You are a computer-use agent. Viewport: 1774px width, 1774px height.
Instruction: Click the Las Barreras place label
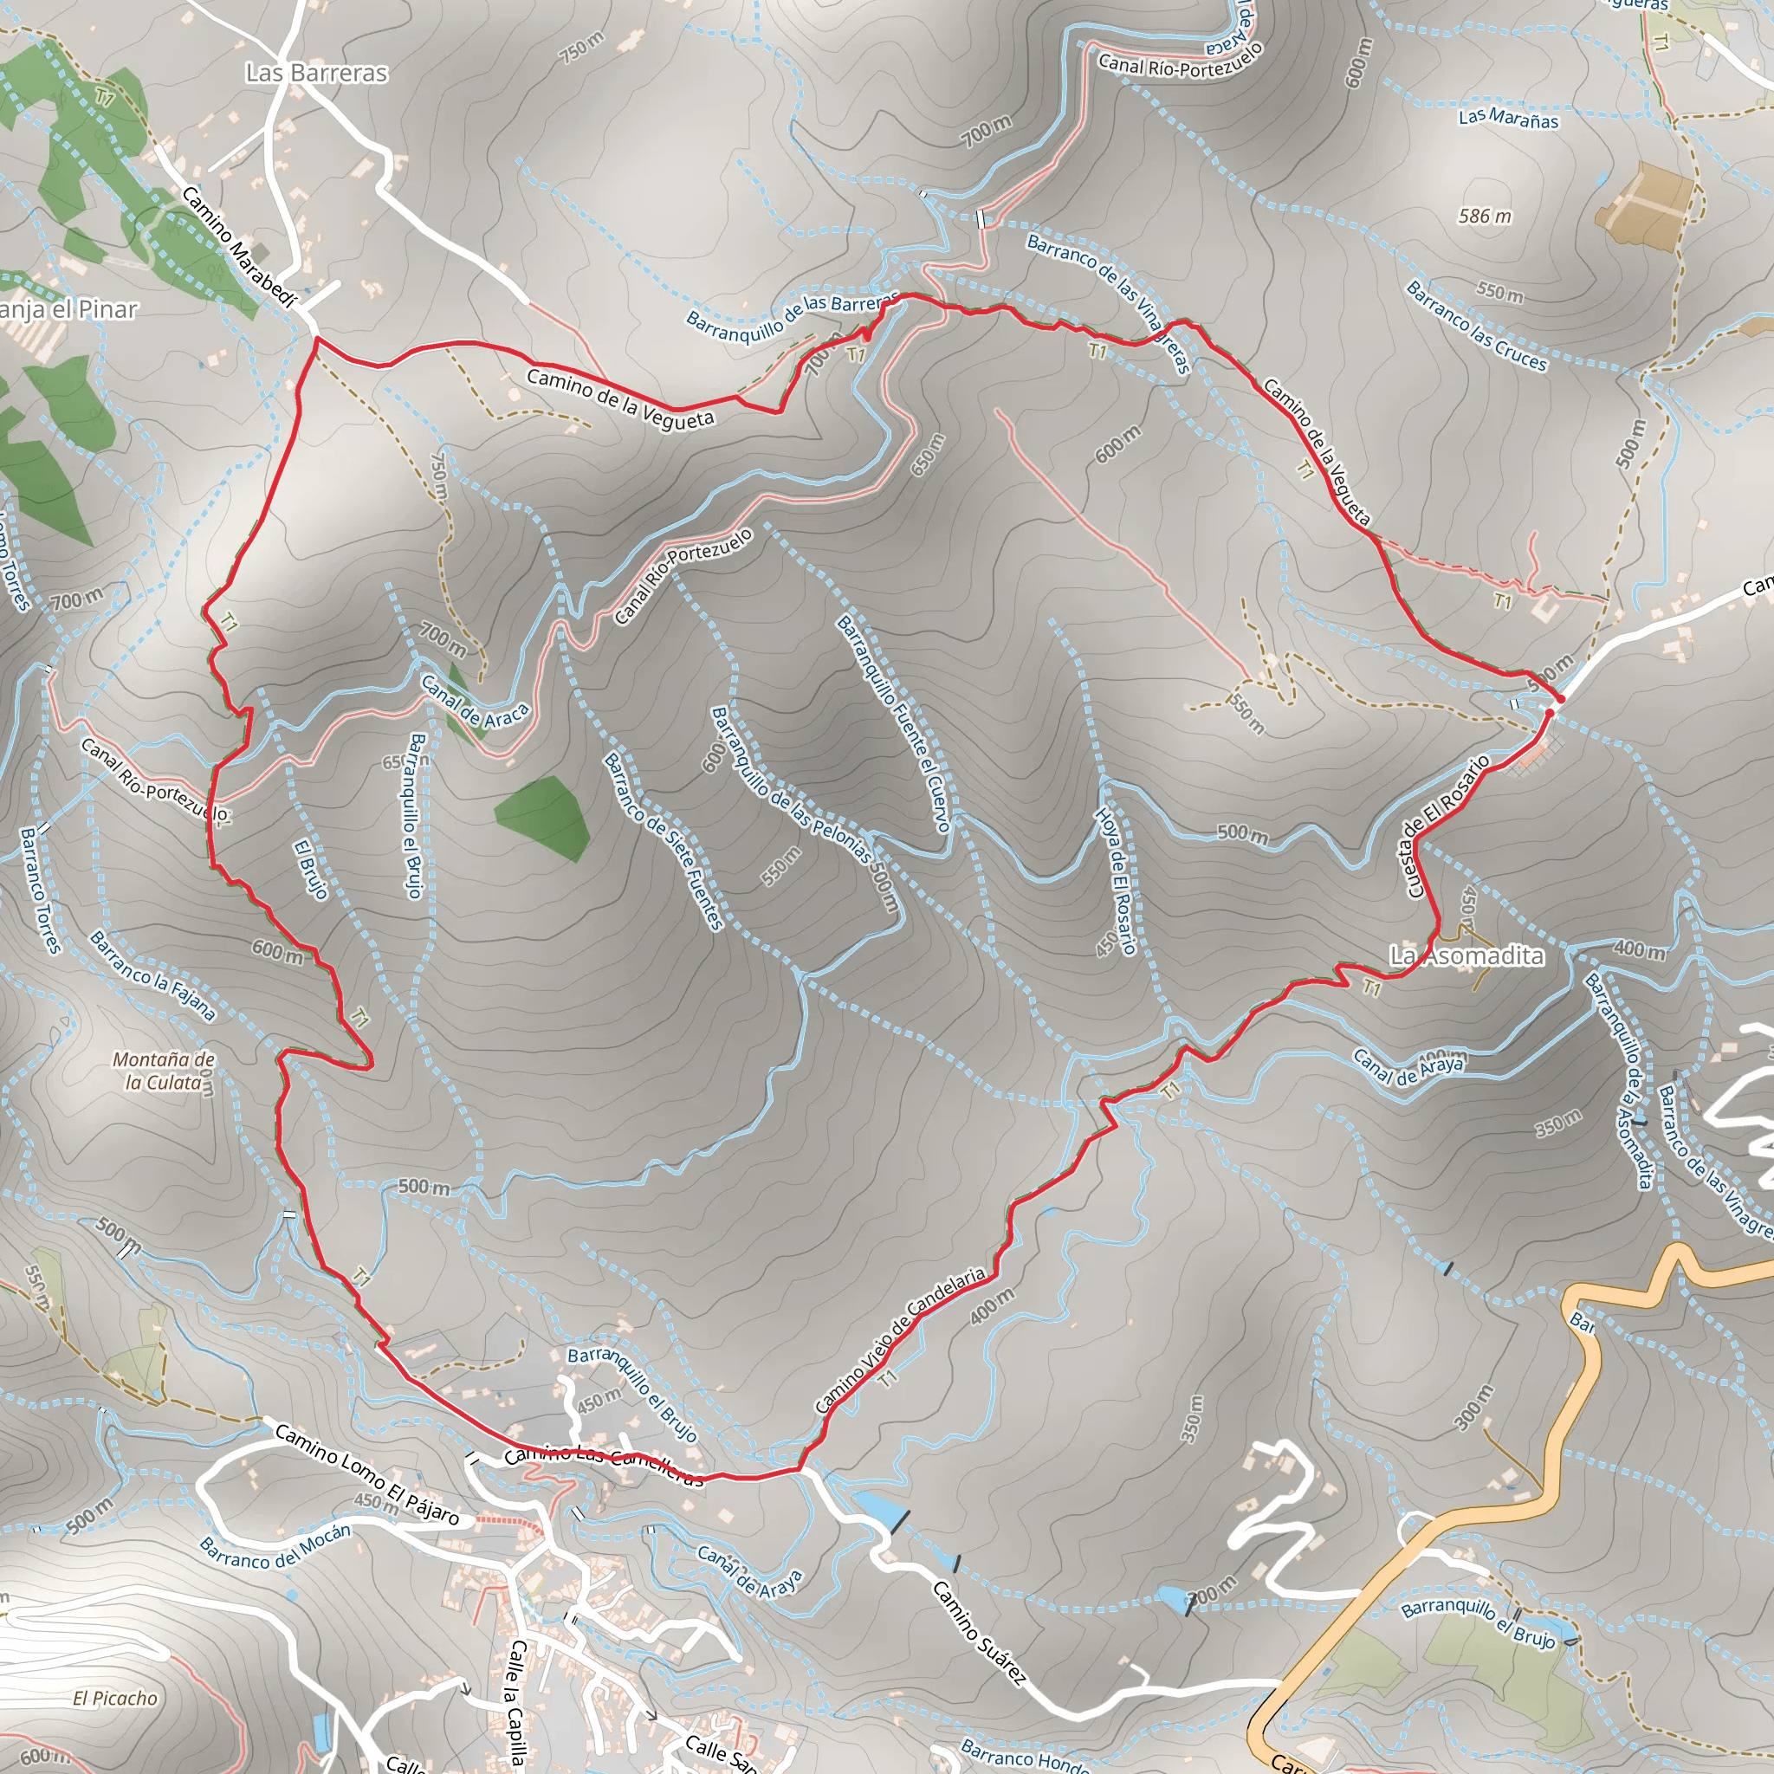(x=316, y=74)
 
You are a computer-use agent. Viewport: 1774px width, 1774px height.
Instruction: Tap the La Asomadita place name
(x=1466, y=956)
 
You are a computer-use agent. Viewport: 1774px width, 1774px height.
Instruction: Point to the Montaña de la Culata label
(x=164, y=1071)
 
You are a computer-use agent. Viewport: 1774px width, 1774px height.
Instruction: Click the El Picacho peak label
(x=115, y=1698)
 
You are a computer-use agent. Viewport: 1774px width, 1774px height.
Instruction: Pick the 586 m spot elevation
(x=1485, y=217)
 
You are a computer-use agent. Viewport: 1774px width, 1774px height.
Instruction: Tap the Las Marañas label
(x=1508, y=119)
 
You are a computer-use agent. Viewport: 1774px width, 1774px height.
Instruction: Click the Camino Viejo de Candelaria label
(x=900, y=1342)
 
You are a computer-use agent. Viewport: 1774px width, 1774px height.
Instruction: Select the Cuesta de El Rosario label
(x=1446, y=825)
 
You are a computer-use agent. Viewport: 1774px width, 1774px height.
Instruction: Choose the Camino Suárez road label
(x=978, y=1632)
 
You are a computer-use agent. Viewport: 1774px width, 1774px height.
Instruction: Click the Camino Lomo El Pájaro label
(x=366, y=1473)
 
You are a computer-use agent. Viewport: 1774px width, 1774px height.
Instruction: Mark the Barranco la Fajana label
(x=152, y=975)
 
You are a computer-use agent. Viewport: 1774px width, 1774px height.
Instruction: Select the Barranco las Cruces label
(x=1477, y=326)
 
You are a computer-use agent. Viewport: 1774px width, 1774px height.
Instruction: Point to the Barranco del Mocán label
(x=275, y=1546)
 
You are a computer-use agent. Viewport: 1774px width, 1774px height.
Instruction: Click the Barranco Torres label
(x=42, y=890)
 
